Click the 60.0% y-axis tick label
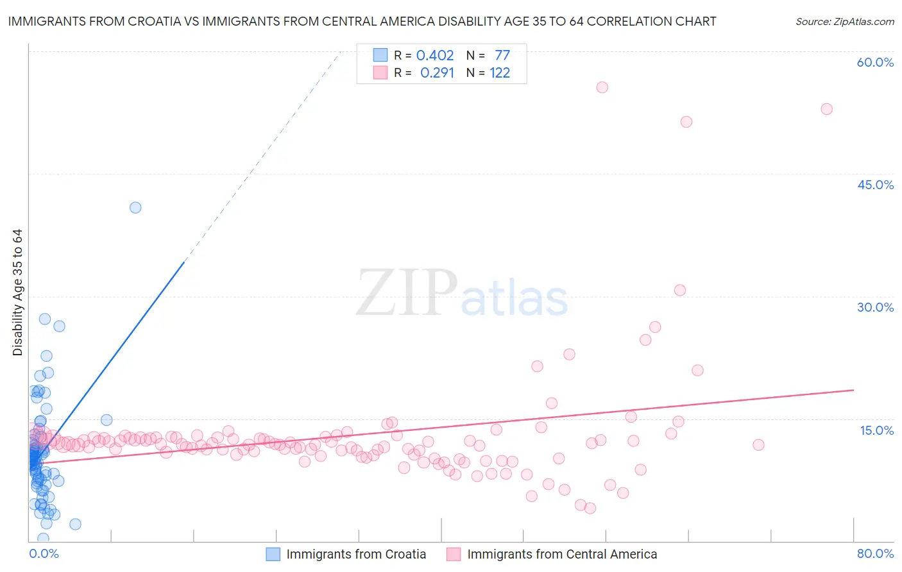[x=875, y=62]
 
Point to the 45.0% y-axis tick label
[x=875, y=185]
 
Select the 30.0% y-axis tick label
[x=875, y=307]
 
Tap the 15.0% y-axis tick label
[x=876, y=430]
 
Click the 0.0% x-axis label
[x=44, y=553]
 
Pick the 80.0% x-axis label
[x=875, y=553]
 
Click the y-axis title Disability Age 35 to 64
[x=17, y=292]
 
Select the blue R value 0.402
[x=435, y=55]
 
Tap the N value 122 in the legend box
[x=500, y=73]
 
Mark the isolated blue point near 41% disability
[x=135, y=207]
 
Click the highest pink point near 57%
[x=602, y=87]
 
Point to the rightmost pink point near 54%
[x=826, y=109]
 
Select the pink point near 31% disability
[x=680, y=290]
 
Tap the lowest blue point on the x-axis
[x=43, y=539]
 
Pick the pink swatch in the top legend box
[x=380, y=73]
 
